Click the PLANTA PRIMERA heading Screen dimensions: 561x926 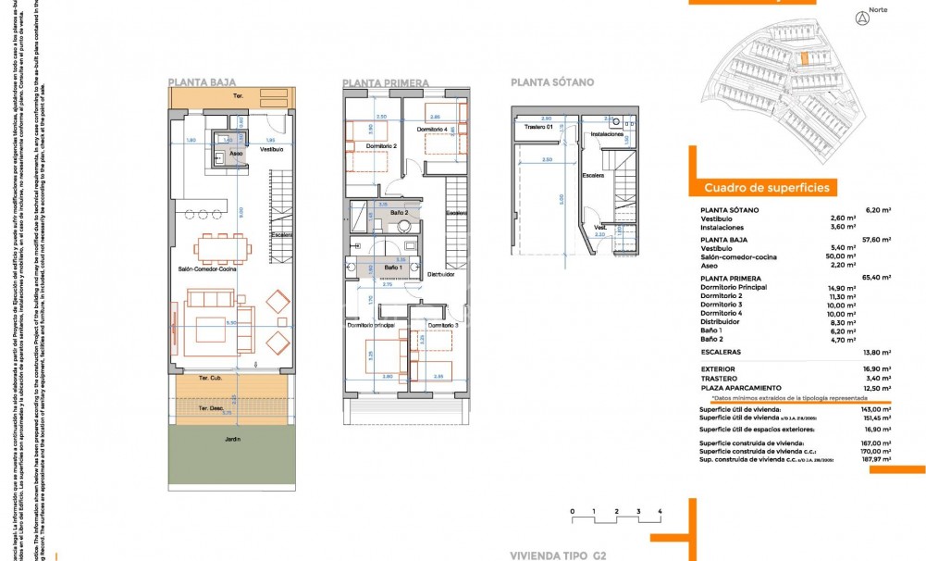386,83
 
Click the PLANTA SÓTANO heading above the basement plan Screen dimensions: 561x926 552,82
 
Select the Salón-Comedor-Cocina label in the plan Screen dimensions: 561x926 207,268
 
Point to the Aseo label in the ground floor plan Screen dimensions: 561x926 236,153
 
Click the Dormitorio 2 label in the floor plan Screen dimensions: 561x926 381,146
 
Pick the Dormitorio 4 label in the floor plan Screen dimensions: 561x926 432,129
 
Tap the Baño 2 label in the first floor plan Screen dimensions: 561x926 400,214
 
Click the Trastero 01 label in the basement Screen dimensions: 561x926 537,127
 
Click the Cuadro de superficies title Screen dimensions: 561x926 766,187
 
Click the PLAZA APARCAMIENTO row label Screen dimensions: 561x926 741,388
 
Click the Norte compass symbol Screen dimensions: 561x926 862,18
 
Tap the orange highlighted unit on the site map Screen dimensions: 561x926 804,59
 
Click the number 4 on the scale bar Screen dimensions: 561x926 660,511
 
